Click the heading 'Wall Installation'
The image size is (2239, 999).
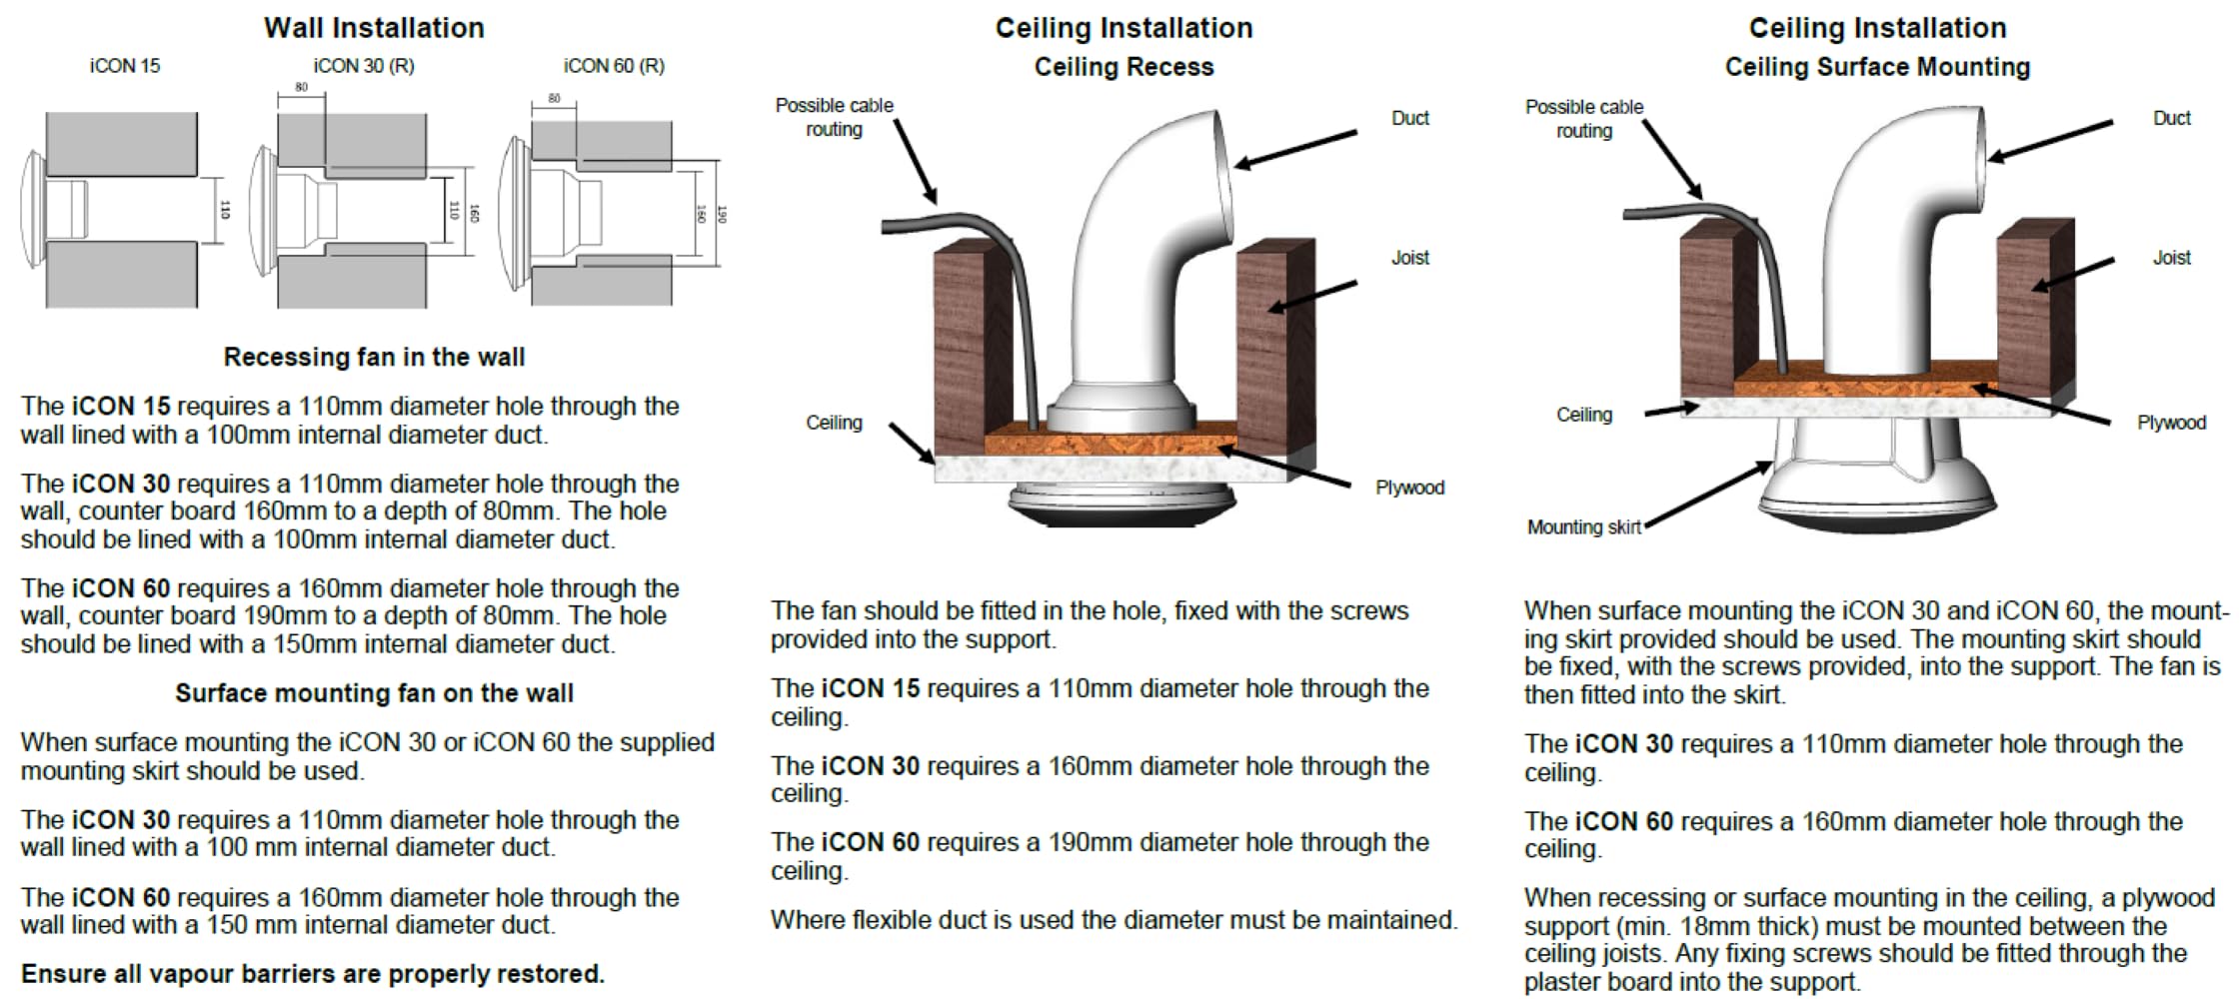374,28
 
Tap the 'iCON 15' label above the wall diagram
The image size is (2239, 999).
124,66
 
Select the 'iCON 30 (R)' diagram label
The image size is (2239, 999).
364,66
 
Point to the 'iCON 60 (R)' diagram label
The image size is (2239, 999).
614,66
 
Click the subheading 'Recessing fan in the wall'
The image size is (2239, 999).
374,357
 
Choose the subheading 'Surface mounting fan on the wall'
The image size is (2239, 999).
374,693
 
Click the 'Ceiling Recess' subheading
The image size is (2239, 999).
1123,67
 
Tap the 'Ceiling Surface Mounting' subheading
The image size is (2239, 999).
1877,67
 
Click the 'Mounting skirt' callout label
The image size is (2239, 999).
1583,527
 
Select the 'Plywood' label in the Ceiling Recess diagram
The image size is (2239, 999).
1409,488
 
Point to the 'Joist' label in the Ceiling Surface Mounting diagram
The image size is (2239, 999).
2171,258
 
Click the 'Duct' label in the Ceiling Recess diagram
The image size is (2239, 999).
1409,118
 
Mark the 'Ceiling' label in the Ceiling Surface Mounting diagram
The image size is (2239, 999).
1583,415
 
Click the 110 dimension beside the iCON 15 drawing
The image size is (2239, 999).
225,210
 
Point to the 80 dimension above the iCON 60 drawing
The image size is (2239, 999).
554,99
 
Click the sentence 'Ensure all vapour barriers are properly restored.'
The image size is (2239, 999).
313,974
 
